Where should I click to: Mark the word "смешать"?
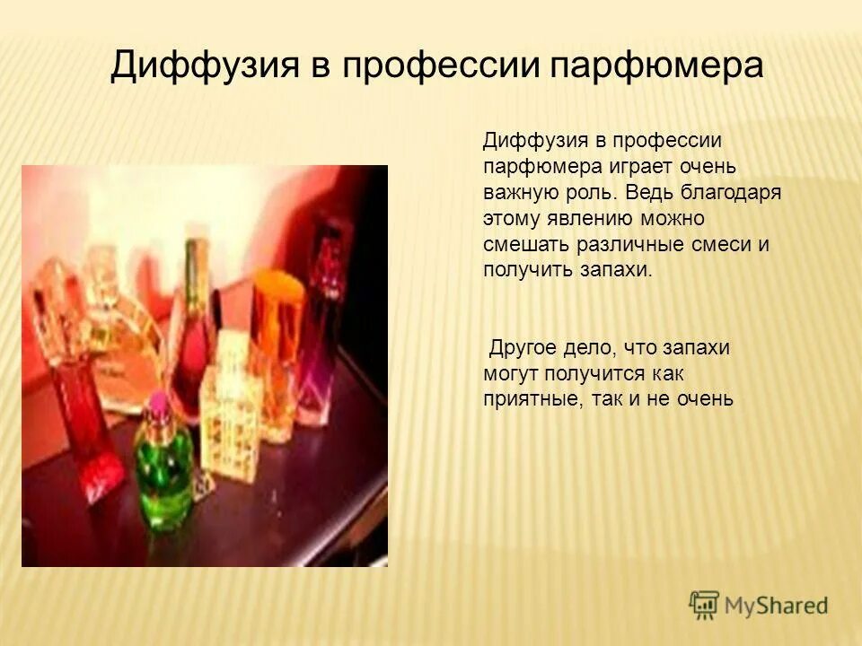point(521,245)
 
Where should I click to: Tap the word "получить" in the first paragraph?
point(523,270)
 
